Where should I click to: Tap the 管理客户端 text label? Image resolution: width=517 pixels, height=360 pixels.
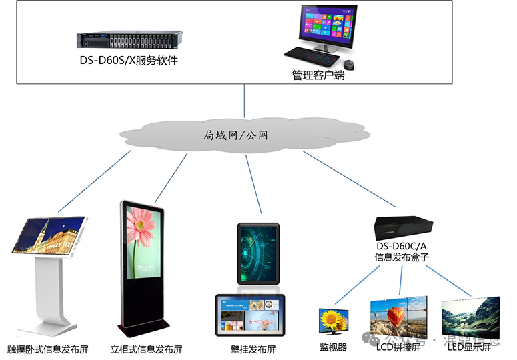click(318, 75)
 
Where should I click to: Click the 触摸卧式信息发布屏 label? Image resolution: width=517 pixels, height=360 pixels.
click(48, 349)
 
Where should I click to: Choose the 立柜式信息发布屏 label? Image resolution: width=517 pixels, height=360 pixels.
click(155, 349)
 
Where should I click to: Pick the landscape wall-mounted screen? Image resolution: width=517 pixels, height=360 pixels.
click(249, 314)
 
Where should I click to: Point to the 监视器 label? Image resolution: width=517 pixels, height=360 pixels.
click(333, 347)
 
